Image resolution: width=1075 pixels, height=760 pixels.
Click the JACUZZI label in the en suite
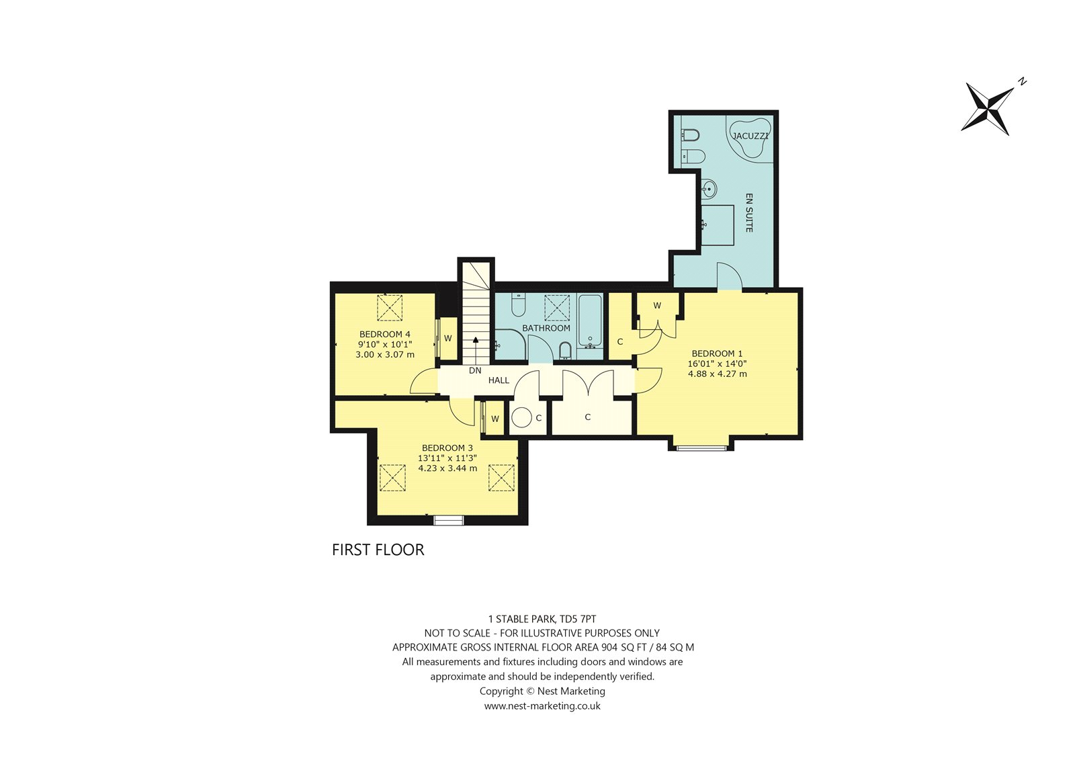pyautogui.click(x=750, y=136)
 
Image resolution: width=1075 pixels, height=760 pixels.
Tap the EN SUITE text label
pyautogui.click(x=748, y=213)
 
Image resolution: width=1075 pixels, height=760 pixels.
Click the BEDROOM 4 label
pyautogui.click(x=385, y=334)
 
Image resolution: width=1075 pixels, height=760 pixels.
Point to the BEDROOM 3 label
pyautogui.click(x=447, y=448)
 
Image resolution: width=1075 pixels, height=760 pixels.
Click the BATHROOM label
pyautogui.click(x=546, y=328)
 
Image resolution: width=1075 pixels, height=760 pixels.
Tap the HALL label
pyautogui.click(x=499, y=380)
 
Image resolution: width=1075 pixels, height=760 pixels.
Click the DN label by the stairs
pyautogui.click(x=475, y=370)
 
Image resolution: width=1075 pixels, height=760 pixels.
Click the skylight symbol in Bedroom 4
pyautogui.click(x=389, y=307)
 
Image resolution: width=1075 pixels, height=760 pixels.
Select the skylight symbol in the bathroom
pyautogui.click(x=557, y=307)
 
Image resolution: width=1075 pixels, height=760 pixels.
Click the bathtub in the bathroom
pyautogui.click(x=590, y=321)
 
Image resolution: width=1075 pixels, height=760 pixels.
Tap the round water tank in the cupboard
pyautogui.click(x=521, y=417)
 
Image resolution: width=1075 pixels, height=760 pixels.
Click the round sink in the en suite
pyautogui.click(x=708, y=189)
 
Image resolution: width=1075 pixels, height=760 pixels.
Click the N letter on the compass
pyautogui.click(x=1022, y=81)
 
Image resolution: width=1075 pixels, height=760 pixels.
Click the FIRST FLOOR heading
pyautogui.click(x=378, y=550)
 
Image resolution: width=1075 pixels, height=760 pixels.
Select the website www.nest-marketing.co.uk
pyautogui.click(x=542, y=706)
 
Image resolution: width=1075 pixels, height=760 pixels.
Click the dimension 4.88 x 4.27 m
pyautogui.click(x=717, y=374)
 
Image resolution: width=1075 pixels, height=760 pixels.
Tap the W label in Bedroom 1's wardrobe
pyautogui.click(x=657, y=305)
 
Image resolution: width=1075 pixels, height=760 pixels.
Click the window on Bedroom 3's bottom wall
pyautogui.click(x=449, y=520)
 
